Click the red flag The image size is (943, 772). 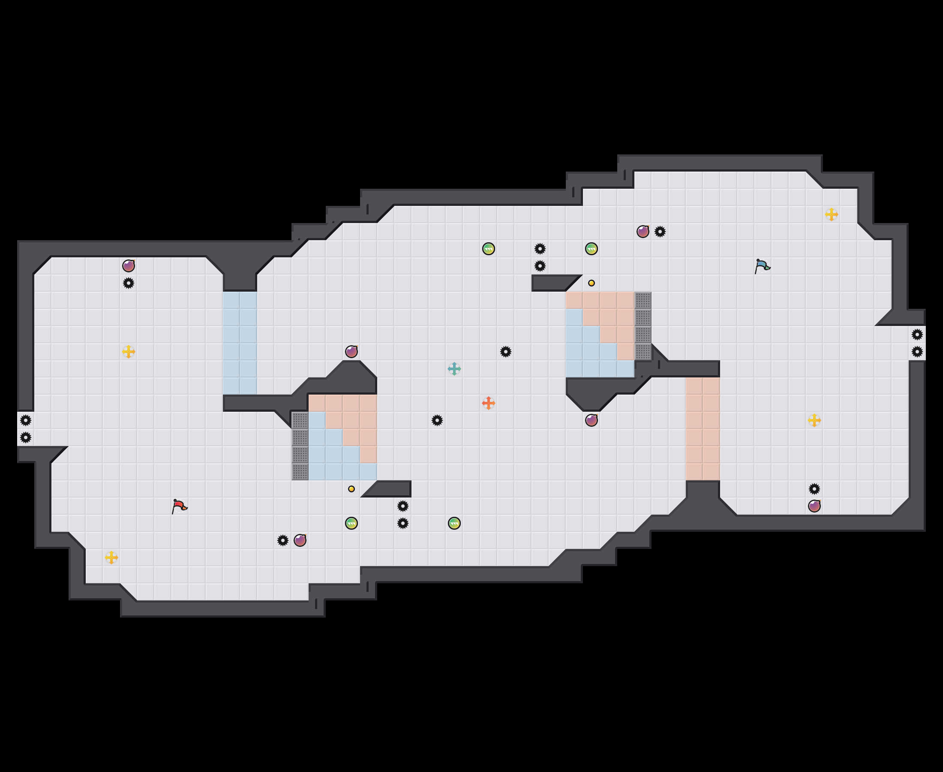(179, 506)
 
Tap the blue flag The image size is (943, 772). (762, 265)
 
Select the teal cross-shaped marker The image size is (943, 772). (454, 369)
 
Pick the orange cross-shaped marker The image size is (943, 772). (488, 403)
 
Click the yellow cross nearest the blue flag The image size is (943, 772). (832, 214)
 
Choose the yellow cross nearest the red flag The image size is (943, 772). (111, 557)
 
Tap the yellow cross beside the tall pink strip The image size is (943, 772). (814, 420)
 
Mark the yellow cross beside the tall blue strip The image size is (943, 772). (129, 352)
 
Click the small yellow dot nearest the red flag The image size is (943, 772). (351, 489)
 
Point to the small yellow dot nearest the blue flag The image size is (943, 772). (591, 283)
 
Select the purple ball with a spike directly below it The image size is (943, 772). (129, 266)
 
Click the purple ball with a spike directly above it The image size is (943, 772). (814, 506)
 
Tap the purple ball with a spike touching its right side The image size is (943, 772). (643, 231)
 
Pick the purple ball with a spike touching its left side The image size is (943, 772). (300, 540)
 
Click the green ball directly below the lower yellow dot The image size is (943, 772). (351, 523)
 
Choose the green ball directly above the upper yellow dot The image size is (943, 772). (591, 249)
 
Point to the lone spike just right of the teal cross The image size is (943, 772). (506, 352)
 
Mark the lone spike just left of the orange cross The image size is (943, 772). (437, 420)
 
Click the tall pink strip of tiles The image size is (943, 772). (703, 429)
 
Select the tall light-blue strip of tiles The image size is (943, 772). (240, 343)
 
